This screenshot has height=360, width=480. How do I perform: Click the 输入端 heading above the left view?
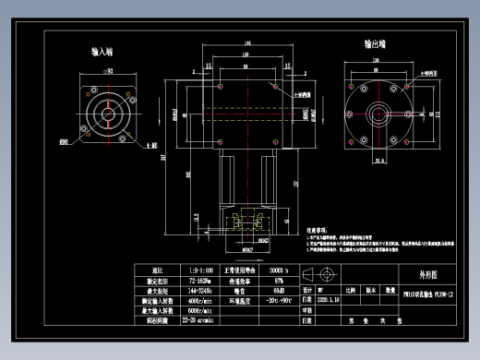coord(102,54)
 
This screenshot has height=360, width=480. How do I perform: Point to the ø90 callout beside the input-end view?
coord(65,141)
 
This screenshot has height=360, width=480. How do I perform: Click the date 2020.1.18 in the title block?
coord(329,299)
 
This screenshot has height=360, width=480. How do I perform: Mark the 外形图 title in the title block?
coord(420,274)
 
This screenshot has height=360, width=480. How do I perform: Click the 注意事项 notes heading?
coord(320,223)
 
